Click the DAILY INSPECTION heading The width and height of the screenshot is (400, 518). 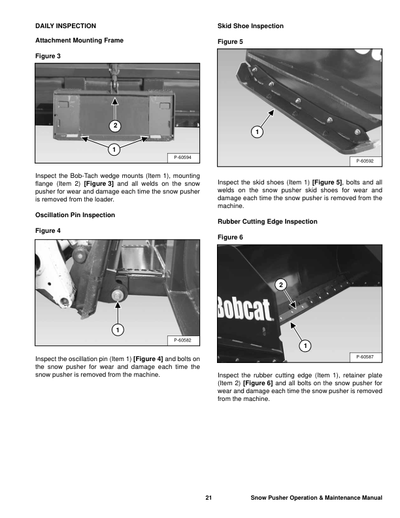[65, 26]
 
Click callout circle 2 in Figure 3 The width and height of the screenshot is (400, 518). [115, 125]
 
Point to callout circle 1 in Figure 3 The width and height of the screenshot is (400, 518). [114, 149]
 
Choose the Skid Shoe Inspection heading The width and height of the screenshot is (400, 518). [250, 26]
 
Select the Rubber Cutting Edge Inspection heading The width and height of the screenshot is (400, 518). [267, 222]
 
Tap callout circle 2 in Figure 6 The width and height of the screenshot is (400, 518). [280, 284]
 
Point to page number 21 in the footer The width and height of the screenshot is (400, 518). [208, 500]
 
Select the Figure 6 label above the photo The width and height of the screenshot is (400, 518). [230, 235]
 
